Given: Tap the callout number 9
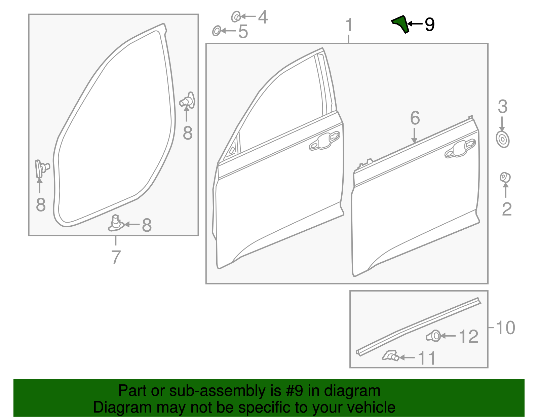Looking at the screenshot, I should [429, 24].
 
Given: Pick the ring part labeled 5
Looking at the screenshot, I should [217, 31].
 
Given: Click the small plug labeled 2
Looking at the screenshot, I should [505, 177].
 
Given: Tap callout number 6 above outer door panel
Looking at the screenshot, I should [415, 118].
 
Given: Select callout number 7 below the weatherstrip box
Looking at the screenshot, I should [116, 257].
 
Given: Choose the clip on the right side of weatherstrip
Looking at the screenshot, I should [188, 101].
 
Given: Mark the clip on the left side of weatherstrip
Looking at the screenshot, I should [40, 168].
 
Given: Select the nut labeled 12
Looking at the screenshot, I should [434, 336].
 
